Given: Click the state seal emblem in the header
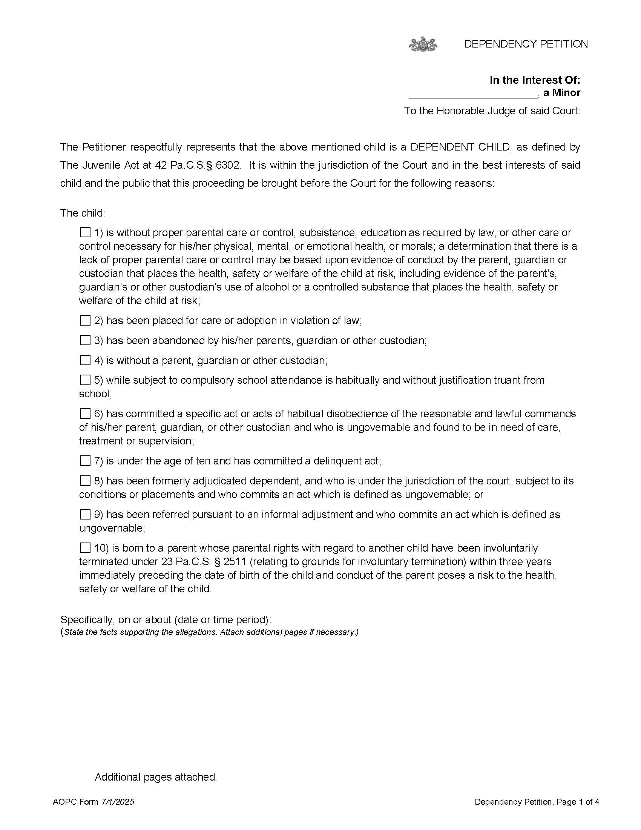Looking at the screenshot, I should pyautogui.click(x=423, y=44).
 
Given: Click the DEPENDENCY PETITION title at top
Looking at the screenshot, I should pyautogui.click(x=526, y=44).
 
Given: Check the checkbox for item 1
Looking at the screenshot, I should pyautogui.click(x=85, y=232).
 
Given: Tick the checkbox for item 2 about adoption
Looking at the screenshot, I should pyautogui.click(x=85, y=320).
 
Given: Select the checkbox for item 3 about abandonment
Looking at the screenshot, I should pyautogui.click(x=85, y=340).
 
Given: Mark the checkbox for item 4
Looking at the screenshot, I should pyautogui.click(x=85, y=360).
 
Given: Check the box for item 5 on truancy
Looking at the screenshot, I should pyautogui.click(x=85, y=380).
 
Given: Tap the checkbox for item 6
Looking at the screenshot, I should pyautogui.click(x=85, y=413).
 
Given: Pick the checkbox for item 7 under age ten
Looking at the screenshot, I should pyautogui.click(x=85, y=461).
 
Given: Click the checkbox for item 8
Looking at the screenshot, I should pyautogui.click(x=85, y=481).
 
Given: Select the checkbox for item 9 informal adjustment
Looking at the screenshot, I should pyautogui.click(x=85, y=514).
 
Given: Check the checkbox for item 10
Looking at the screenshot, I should pyautogui.click(x=85, y=548).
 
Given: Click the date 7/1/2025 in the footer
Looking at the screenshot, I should pyautogui.click(x=117, y=802).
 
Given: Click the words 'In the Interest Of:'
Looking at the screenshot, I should pyautogui.click(x=535, y=80).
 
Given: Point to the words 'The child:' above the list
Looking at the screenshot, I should pyautogui.click(x=83, y=213).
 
